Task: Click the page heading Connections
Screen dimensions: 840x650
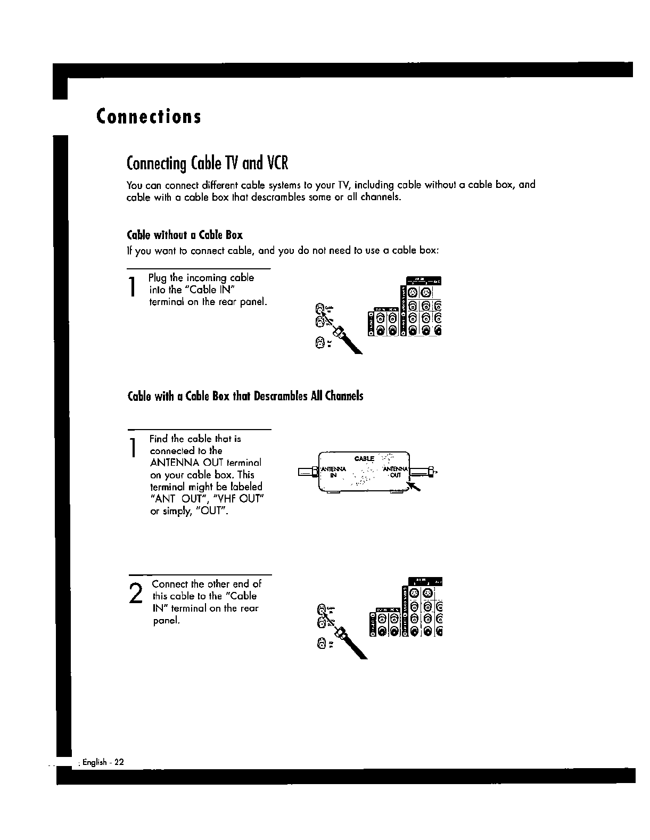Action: [x=149, y=116]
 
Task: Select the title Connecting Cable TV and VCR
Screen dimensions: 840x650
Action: [x=207, y=163]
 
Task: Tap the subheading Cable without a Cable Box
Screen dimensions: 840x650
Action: [x=185, y=235]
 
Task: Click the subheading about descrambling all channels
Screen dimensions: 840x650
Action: [x=245, y=396]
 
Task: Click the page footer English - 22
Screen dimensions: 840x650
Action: [x=103, y=762]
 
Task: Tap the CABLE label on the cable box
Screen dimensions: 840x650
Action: [x=364, y=459]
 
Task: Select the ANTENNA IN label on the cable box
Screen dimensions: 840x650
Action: [x=333, y=472]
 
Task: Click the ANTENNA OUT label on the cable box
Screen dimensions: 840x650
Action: [x=397, y=472]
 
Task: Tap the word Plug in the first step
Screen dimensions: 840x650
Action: [x=158, y=278]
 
